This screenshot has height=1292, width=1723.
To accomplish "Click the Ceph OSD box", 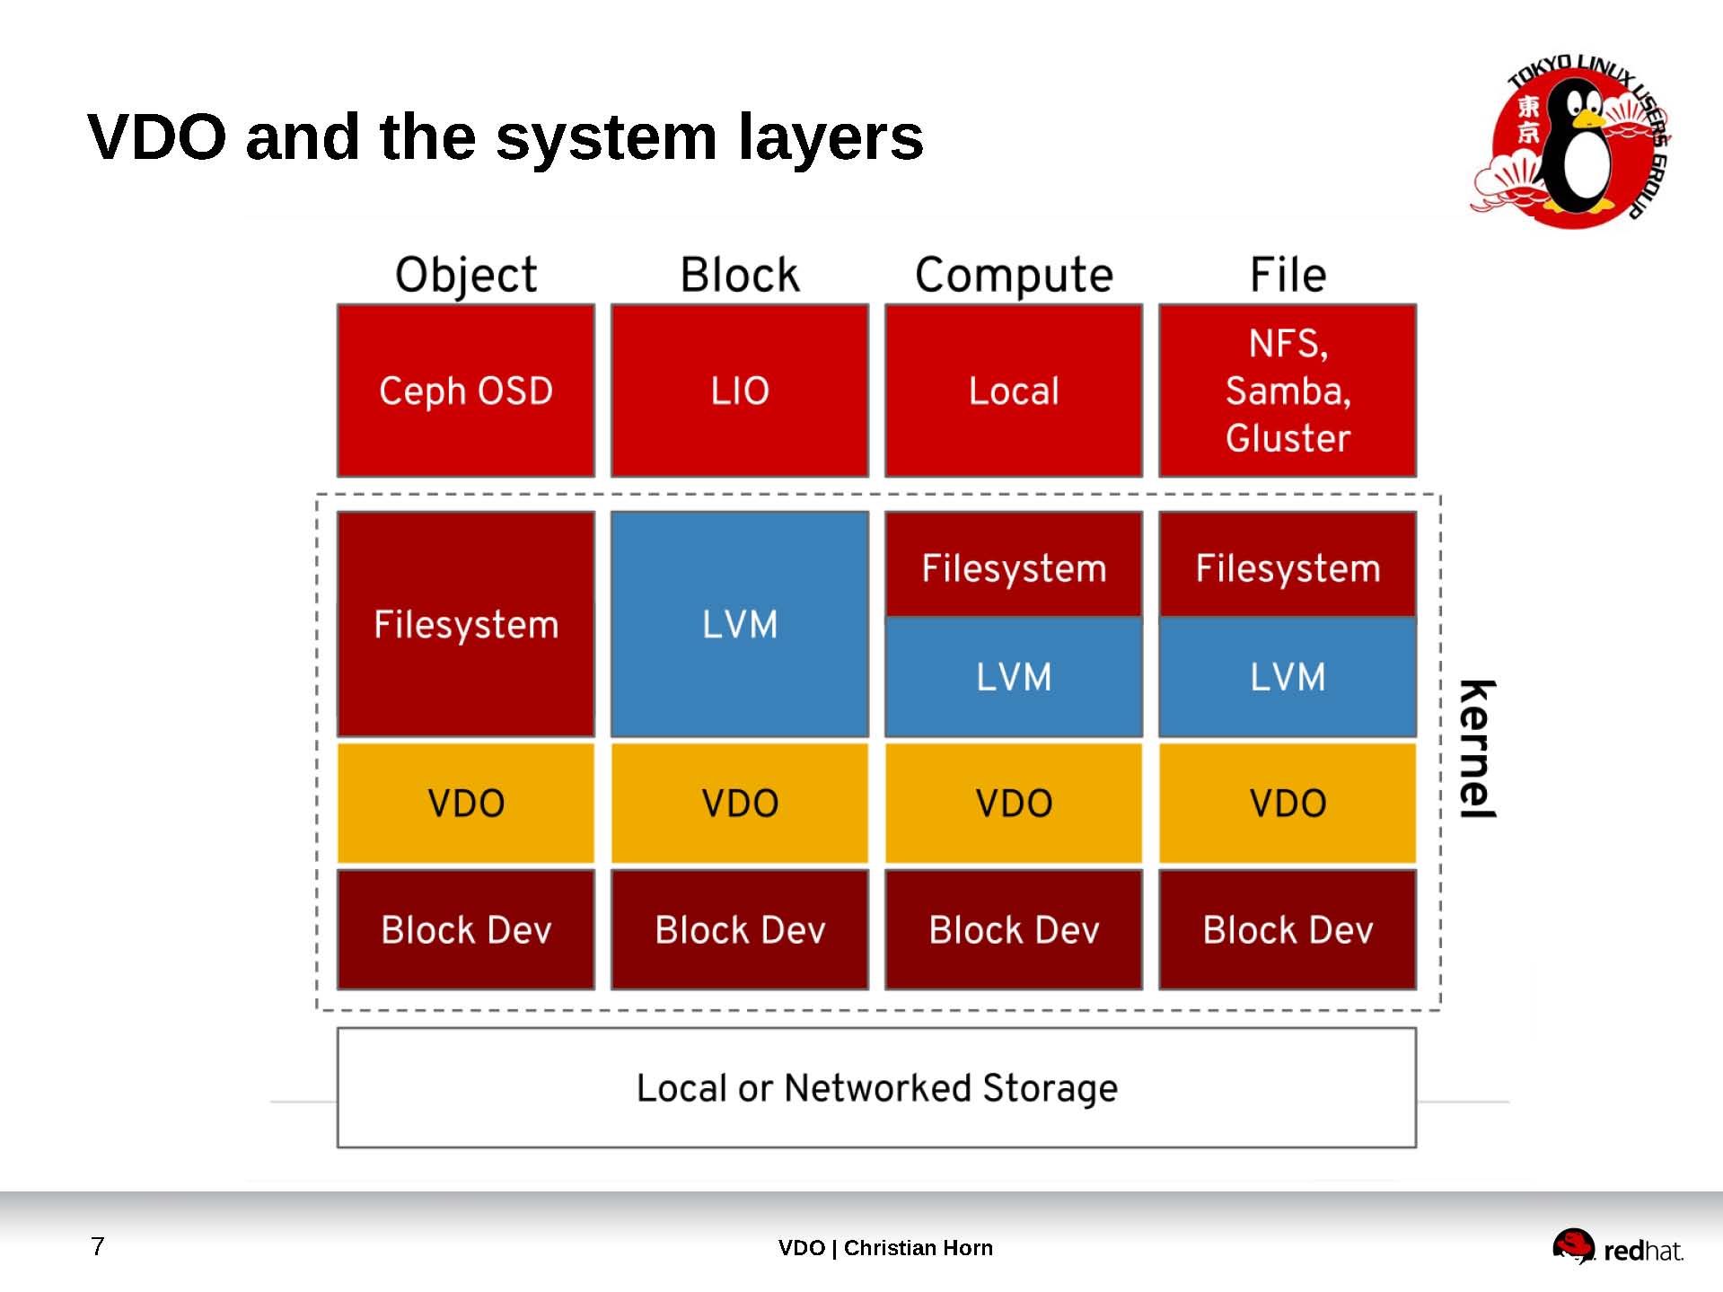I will tap(465, 391).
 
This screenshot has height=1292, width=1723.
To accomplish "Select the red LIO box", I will tap(739, 391).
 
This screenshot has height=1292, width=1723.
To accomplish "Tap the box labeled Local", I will tap(1013, 391).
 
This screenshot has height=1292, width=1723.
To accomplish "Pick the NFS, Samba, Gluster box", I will tap(1287, 391).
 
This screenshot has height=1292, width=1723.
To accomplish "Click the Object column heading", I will tap(465, 275).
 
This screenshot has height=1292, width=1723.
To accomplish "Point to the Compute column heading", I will tap(1013, 275).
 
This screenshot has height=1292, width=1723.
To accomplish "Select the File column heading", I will tap(1287, 275).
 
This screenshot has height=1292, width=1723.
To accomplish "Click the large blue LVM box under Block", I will tap(739, 624).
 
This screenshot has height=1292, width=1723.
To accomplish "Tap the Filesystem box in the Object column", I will tap(465, 624).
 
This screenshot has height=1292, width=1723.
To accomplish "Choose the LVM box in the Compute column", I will tap(1013, 677).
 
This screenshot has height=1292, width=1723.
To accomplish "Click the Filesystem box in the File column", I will tap(1287, 567).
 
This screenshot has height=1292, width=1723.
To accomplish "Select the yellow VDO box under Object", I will tap(465, 803).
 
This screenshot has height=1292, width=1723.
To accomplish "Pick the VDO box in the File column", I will tap(1287, 803).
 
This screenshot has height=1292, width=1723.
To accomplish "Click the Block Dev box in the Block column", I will tap(739, 929).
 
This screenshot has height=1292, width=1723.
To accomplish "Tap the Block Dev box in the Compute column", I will tap(1013, 929).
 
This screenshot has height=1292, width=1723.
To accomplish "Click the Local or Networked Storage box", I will tap(876, 1087).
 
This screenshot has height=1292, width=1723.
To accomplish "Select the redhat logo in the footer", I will tap(1617, 1247).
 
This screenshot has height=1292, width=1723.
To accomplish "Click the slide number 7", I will tap(98, 1246).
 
